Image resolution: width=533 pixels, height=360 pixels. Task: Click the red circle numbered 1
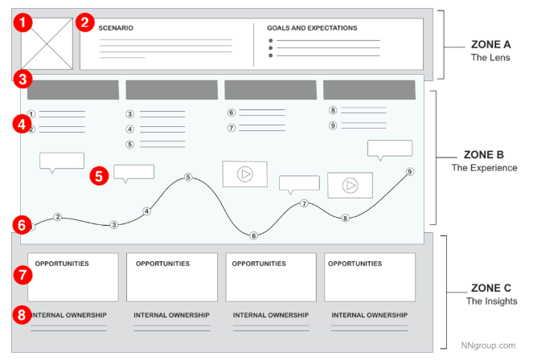click(23, 22)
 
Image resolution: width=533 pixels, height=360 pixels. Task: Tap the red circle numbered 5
click(99, 176)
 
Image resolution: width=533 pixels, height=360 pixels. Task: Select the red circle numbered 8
click(22, 315)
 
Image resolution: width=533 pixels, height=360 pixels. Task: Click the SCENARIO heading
click(116, 28)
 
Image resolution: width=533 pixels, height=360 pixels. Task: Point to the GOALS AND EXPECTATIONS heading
click(312, 28)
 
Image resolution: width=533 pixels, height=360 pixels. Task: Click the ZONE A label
click(490, 44)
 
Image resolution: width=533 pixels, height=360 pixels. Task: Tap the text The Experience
click(485, 168)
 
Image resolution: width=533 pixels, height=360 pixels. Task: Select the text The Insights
click(491, 301)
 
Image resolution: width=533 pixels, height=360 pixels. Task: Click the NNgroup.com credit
click(488, 346)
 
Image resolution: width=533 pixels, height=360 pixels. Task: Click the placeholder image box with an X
click(47, 44)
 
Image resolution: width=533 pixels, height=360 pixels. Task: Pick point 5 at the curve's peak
click(188, 177)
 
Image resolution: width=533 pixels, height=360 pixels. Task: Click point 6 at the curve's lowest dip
click(253, 235)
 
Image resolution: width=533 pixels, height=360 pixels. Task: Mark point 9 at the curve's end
click(410, 171)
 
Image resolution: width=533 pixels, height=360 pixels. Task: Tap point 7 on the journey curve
click(304, 203)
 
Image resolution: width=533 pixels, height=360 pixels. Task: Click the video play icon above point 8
click(351, 186)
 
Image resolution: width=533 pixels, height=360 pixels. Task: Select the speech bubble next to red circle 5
click(133, 174)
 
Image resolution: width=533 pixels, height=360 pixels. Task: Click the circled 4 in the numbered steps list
click(130, 129)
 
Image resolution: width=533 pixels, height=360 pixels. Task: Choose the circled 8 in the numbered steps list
click(333, 110)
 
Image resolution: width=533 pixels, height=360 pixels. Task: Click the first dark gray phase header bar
click(73, 90)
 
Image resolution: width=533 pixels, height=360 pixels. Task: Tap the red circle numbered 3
click(23, 80)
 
